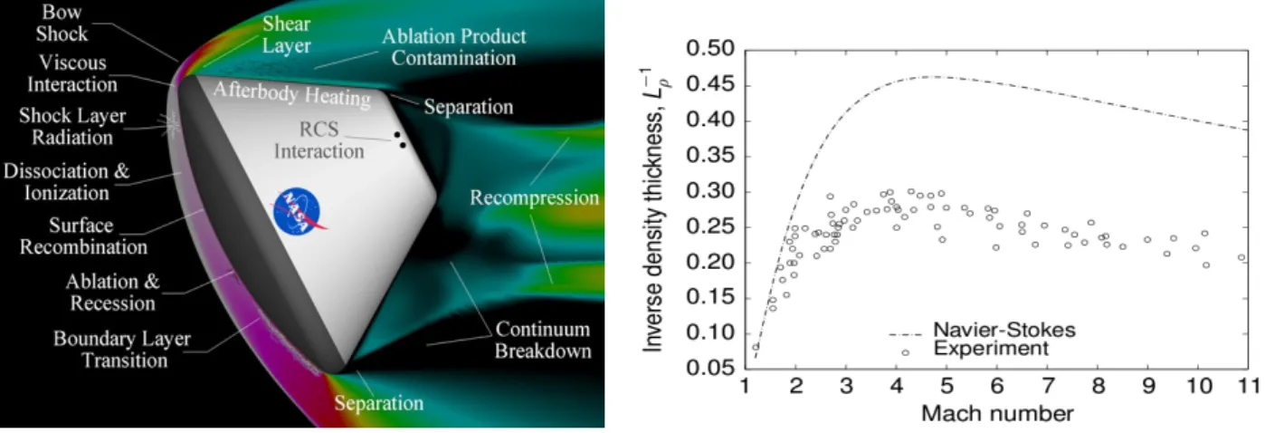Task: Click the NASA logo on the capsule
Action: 298,211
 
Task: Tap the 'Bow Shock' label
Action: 62,24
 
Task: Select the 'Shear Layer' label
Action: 286,35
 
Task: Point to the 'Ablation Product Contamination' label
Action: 454,47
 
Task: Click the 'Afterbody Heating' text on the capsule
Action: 292,94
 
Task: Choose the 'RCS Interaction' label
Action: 319,140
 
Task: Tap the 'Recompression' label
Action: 534,197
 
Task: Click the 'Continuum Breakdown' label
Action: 543,341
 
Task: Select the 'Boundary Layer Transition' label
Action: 122,350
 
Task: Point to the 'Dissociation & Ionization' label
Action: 67,182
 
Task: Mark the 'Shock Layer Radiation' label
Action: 72,127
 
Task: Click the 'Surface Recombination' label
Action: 83,236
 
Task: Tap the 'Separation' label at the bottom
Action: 379,403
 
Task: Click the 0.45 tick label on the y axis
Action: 710,85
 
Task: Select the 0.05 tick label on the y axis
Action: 710,368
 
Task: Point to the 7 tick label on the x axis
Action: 1047,387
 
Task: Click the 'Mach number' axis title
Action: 997,414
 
